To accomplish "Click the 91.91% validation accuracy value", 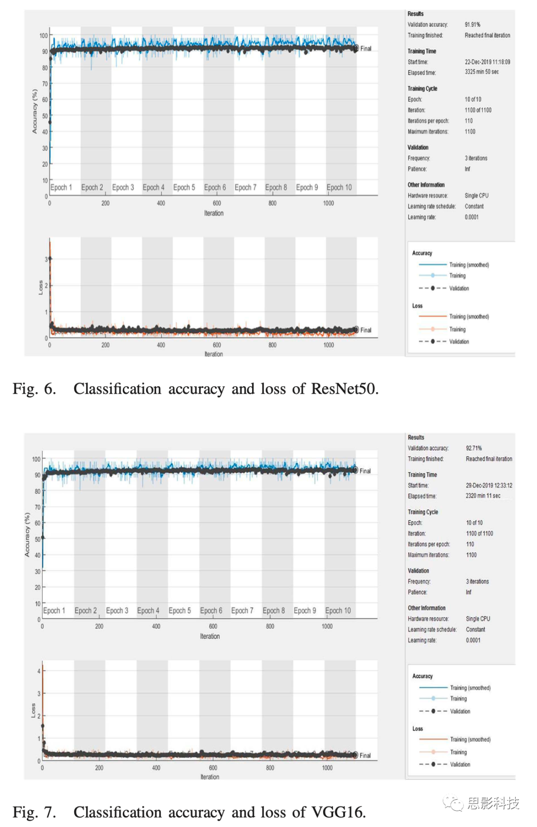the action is [x=472, y=25].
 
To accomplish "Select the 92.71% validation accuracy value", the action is [x=474, y=448].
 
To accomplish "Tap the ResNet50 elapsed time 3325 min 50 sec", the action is [x=482, y=72].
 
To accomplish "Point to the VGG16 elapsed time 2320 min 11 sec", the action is [x=483, y=496].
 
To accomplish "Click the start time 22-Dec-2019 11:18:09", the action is [x=488, y=62].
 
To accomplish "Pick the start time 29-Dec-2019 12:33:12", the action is [x=489, y=486].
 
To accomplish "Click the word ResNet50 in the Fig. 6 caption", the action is [x=345, y=389].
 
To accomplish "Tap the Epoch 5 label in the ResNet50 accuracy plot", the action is [x=184, y=188].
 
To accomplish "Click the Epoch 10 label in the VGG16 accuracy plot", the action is [x=338, y=611].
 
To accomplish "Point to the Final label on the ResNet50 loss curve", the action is [x=365, y=330].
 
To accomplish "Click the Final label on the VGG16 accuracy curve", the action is [x=365, y=471].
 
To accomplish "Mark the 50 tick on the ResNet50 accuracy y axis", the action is [x=45, y=116].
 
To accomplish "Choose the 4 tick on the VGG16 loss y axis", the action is [x=39, y=671].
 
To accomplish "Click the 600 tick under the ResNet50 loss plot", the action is [x=217, y=345].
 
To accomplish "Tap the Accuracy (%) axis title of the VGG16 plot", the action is [x=27, y=534].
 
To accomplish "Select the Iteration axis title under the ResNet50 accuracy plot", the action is [x=214, y=213].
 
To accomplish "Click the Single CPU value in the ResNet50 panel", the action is [x=476, y=196].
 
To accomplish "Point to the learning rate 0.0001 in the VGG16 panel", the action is [x=473, y=640].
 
